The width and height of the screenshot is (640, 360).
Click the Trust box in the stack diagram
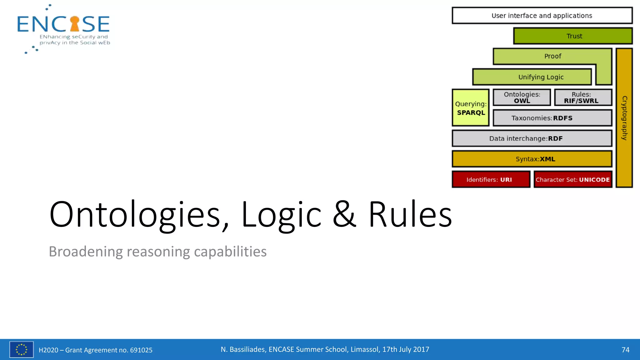(x=573, y=36)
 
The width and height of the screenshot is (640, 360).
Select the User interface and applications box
(x=542, y=16)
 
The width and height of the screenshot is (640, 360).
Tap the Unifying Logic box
(x=532, y=77)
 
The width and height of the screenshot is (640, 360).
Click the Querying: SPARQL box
(x=471, y=108)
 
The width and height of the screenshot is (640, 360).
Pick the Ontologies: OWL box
(x=522, y=97)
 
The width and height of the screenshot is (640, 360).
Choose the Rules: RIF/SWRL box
(x=583, y=97)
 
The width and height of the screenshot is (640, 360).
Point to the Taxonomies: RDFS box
(x=552, y=118)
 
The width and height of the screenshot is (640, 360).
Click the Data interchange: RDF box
(x=532, y=138)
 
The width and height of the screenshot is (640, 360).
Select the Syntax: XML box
(x=532, y=159)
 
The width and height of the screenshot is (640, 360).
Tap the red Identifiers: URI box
(x=491, y=180)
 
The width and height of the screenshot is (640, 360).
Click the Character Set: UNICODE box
(x=573, y=180)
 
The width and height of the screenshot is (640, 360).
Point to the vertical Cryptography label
(x=624, y=118)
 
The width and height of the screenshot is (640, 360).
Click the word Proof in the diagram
(x=552, y=56)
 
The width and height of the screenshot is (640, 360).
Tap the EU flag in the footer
(x=21, y=349)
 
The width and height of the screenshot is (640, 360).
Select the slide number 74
(x=625, y=350)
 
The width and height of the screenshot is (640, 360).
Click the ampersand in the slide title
(x=344, y=214)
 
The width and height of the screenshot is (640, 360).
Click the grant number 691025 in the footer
(x=141, y=350)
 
